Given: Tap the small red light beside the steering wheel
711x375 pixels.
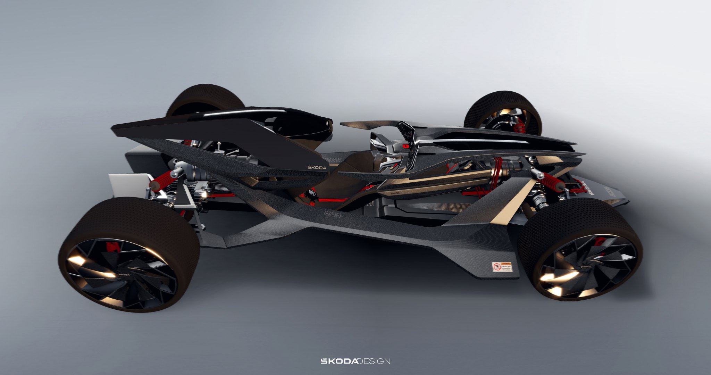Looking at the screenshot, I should (x=405, y=147).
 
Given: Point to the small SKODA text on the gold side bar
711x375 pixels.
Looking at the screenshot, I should (x=396, y=192).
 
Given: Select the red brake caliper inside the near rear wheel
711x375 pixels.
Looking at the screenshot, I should (x=111, y=247).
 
